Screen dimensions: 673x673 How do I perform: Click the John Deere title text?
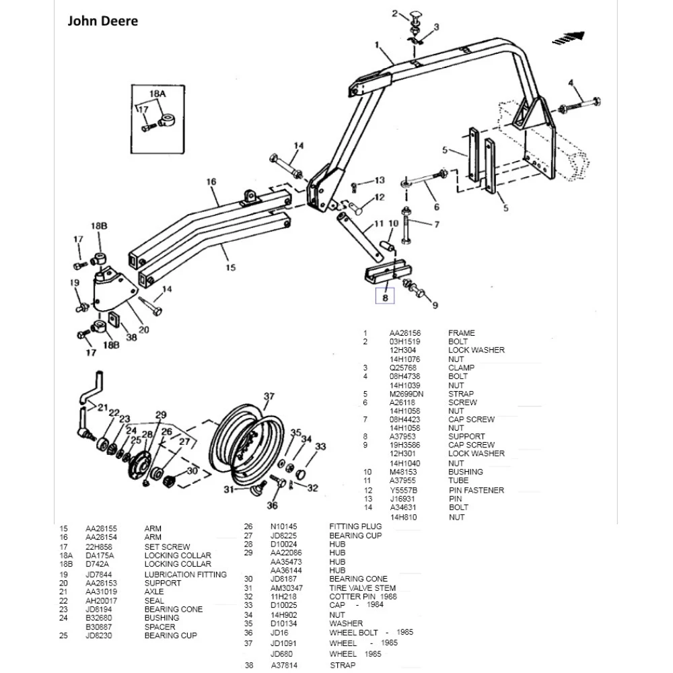point(102,21)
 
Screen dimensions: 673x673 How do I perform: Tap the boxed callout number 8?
point(386,295)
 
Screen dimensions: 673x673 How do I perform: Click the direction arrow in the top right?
point(569,39)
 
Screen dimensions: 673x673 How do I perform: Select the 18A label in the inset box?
point(157,94)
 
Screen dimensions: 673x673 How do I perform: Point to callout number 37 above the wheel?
point(269,397)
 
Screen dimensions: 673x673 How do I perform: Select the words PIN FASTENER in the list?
point(476,491)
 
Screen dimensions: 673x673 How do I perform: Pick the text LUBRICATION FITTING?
point(185,575)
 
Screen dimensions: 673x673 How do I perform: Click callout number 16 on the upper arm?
point(211,182)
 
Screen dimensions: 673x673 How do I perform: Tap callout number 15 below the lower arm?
point(230,268)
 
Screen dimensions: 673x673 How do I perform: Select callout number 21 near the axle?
point(102,407)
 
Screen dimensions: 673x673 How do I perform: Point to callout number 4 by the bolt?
point(571,83)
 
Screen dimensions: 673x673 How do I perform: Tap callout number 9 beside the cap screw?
point(435,306)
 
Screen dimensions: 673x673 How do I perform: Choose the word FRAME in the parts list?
point(461,333)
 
